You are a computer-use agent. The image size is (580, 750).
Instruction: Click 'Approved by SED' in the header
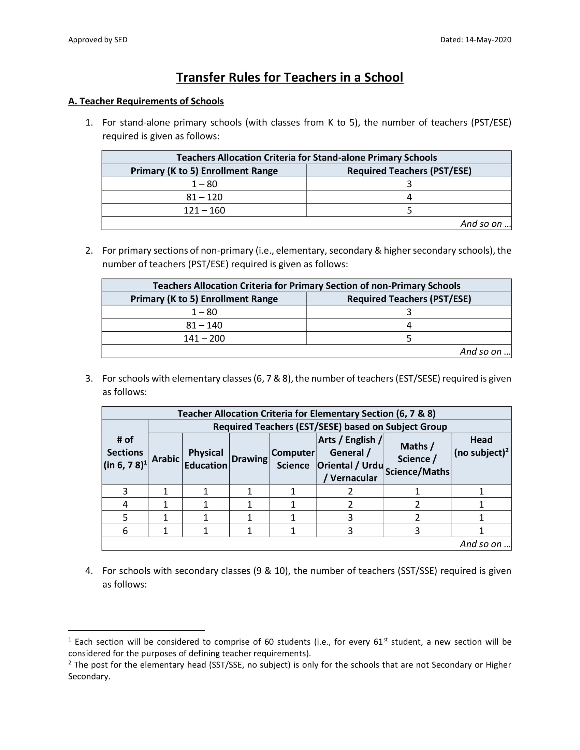point(98,40)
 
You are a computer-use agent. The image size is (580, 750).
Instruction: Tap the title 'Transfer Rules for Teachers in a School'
point(290,78)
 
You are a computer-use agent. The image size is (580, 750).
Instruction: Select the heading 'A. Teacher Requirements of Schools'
point(146,101)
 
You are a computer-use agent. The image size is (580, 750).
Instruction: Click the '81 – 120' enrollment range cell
point(204,197)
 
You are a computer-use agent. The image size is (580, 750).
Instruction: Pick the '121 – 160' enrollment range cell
point(204,210)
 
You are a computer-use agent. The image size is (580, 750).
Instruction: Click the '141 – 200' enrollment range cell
point(204,338)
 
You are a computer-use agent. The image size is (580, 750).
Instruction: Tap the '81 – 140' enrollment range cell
point(204,325)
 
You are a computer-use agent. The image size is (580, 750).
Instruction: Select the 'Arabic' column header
point(165,459)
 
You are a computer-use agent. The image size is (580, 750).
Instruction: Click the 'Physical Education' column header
point(206,459)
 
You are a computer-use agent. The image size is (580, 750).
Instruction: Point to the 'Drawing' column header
point(249,459)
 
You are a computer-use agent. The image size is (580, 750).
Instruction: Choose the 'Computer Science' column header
point(293,459)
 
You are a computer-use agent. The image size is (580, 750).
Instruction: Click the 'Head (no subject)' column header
point(481,446)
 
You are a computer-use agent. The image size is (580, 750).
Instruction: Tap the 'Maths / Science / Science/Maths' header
point(417,459)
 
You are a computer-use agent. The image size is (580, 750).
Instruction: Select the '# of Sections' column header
point(125,452)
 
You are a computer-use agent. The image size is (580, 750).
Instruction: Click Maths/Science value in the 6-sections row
point(417,530)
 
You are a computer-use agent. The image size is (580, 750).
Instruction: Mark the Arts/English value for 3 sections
point(350,491)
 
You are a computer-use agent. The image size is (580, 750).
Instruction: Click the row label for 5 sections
point(125,517)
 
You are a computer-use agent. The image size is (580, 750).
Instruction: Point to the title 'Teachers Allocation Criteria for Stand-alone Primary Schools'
point(306,157)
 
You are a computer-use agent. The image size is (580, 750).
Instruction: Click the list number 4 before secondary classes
point(89,571)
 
